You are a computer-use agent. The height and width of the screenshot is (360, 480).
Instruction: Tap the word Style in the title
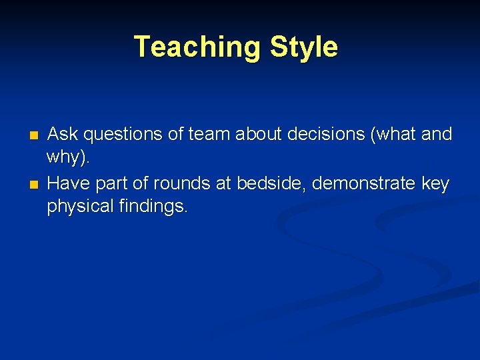click(303, 47)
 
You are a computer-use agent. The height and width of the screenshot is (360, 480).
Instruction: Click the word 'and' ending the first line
click(437, 135)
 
